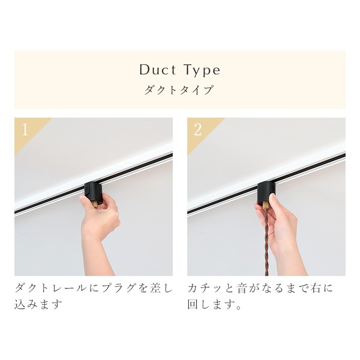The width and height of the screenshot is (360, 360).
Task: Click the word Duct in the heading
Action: [x=158, y=70]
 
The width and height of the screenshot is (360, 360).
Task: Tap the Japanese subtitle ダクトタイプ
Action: [x=180, y=90]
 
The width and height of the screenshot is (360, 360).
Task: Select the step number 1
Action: [x=25, y=130]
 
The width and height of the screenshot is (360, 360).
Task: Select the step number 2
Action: [x=198, y=130]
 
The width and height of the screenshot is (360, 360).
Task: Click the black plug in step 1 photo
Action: [x=93, y=191]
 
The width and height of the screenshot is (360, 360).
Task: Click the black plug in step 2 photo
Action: [x=266, y=192]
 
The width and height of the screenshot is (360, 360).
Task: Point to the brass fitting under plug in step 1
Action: [x=95, y=204]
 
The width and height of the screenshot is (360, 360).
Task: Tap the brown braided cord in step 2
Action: [x=266, y=243]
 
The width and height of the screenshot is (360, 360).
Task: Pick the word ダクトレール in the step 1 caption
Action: [x=51, y=288]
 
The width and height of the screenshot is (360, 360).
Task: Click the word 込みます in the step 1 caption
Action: [x=38, y=304]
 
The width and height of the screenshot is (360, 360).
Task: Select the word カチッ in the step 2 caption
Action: [x=204, y=288]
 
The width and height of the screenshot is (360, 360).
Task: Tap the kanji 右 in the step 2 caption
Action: [x=317, y=288]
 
